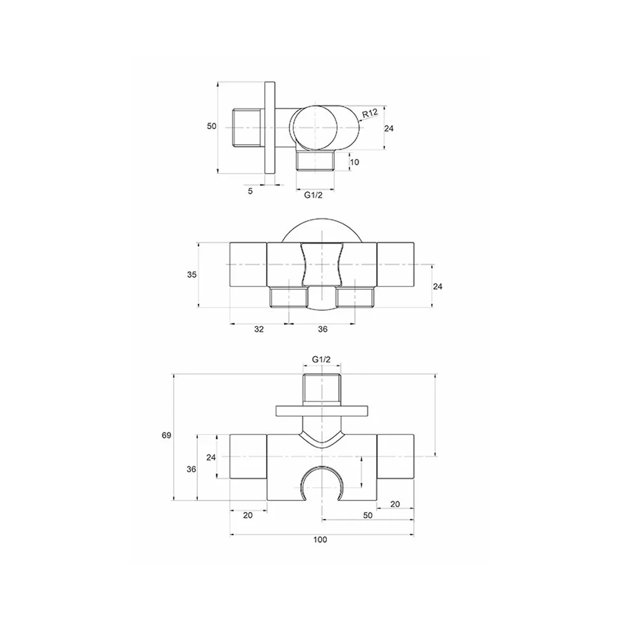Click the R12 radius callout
click(x=370, y=113)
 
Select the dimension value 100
click(x=321, y=540)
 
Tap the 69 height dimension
click(x=166, y=435)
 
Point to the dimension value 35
click(x=192, y=275)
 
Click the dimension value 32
click(x=259, y=329)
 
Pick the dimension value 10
click(x=355, y=162)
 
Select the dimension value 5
click(x=250, y=192)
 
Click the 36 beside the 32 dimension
click(x=322, y=329)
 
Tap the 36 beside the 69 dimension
click(x=192, y=469)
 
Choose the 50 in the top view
click(x=212, y=126)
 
